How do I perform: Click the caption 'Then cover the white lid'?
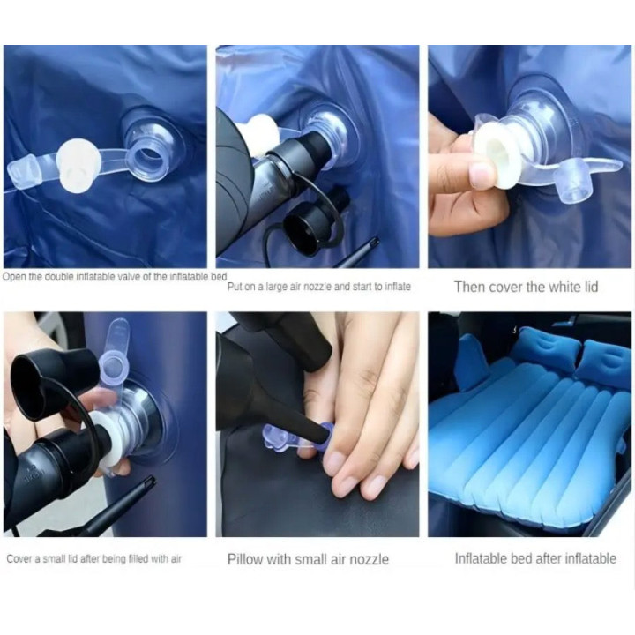coord(526,287)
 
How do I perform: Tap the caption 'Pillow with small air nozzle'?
coord(308,559)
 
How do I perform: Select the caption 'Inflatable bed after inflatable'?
coord(535,558)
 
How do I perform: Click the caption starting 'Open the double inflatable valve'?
coord(115,277)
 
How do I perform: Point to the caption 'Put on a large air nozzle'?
coord(318,287)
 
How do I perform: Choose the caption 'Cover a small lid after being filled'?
coord(94,559)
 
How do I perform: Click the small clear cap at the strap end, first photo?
coord(21,173)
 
